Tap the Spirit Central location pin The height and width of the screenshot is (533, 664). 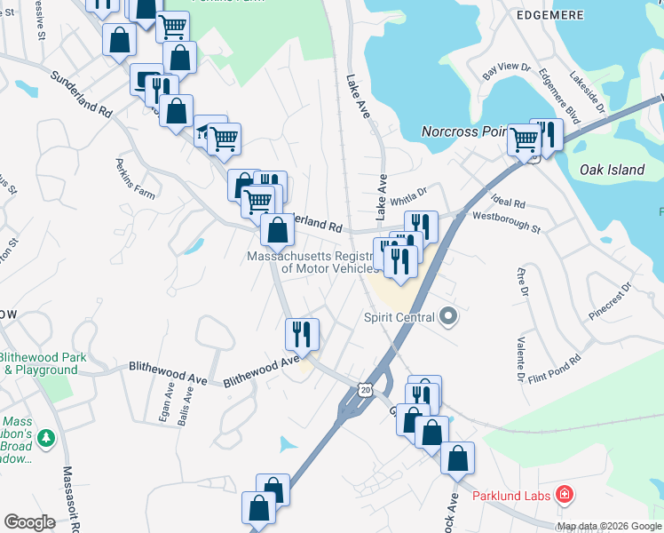pos(448,316)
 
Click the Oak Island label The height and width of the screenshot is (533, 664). pos(610,169)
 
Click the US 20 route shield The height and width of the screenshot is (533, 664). pos(366,390)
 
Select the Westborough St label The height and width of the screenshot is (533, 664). pos(507,223)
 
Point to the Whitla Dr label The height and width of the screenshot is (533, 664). pos(410,192)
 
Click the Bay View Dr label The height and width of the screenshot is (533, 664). pos(506,71)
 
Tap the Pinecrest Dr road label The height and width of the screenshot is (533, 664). pos(613,302)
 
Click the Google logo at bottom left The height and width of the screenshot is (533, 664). pos(29,522)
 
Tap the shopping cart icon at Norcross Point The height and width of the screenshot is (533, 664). pos(525,139)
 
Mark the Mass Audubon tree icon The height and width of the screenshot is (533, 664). pos(48,437)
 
